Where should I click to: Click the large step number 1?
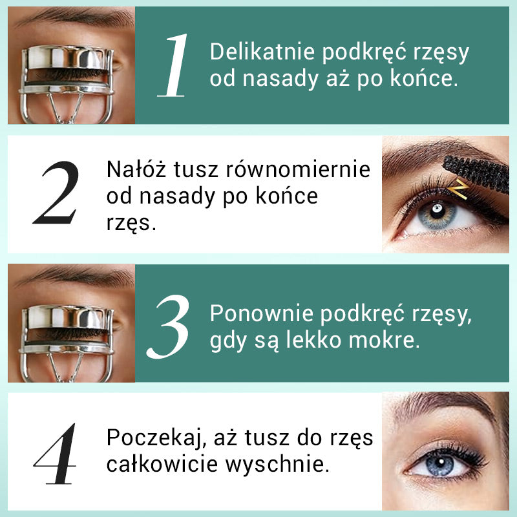pyautogui.click(x=174, y=65)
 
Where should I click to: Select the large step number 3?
pyautogui.click(x=174, y=323)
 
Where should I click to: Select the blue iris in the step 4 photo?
pyautogui.click(x=443, y=464)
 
